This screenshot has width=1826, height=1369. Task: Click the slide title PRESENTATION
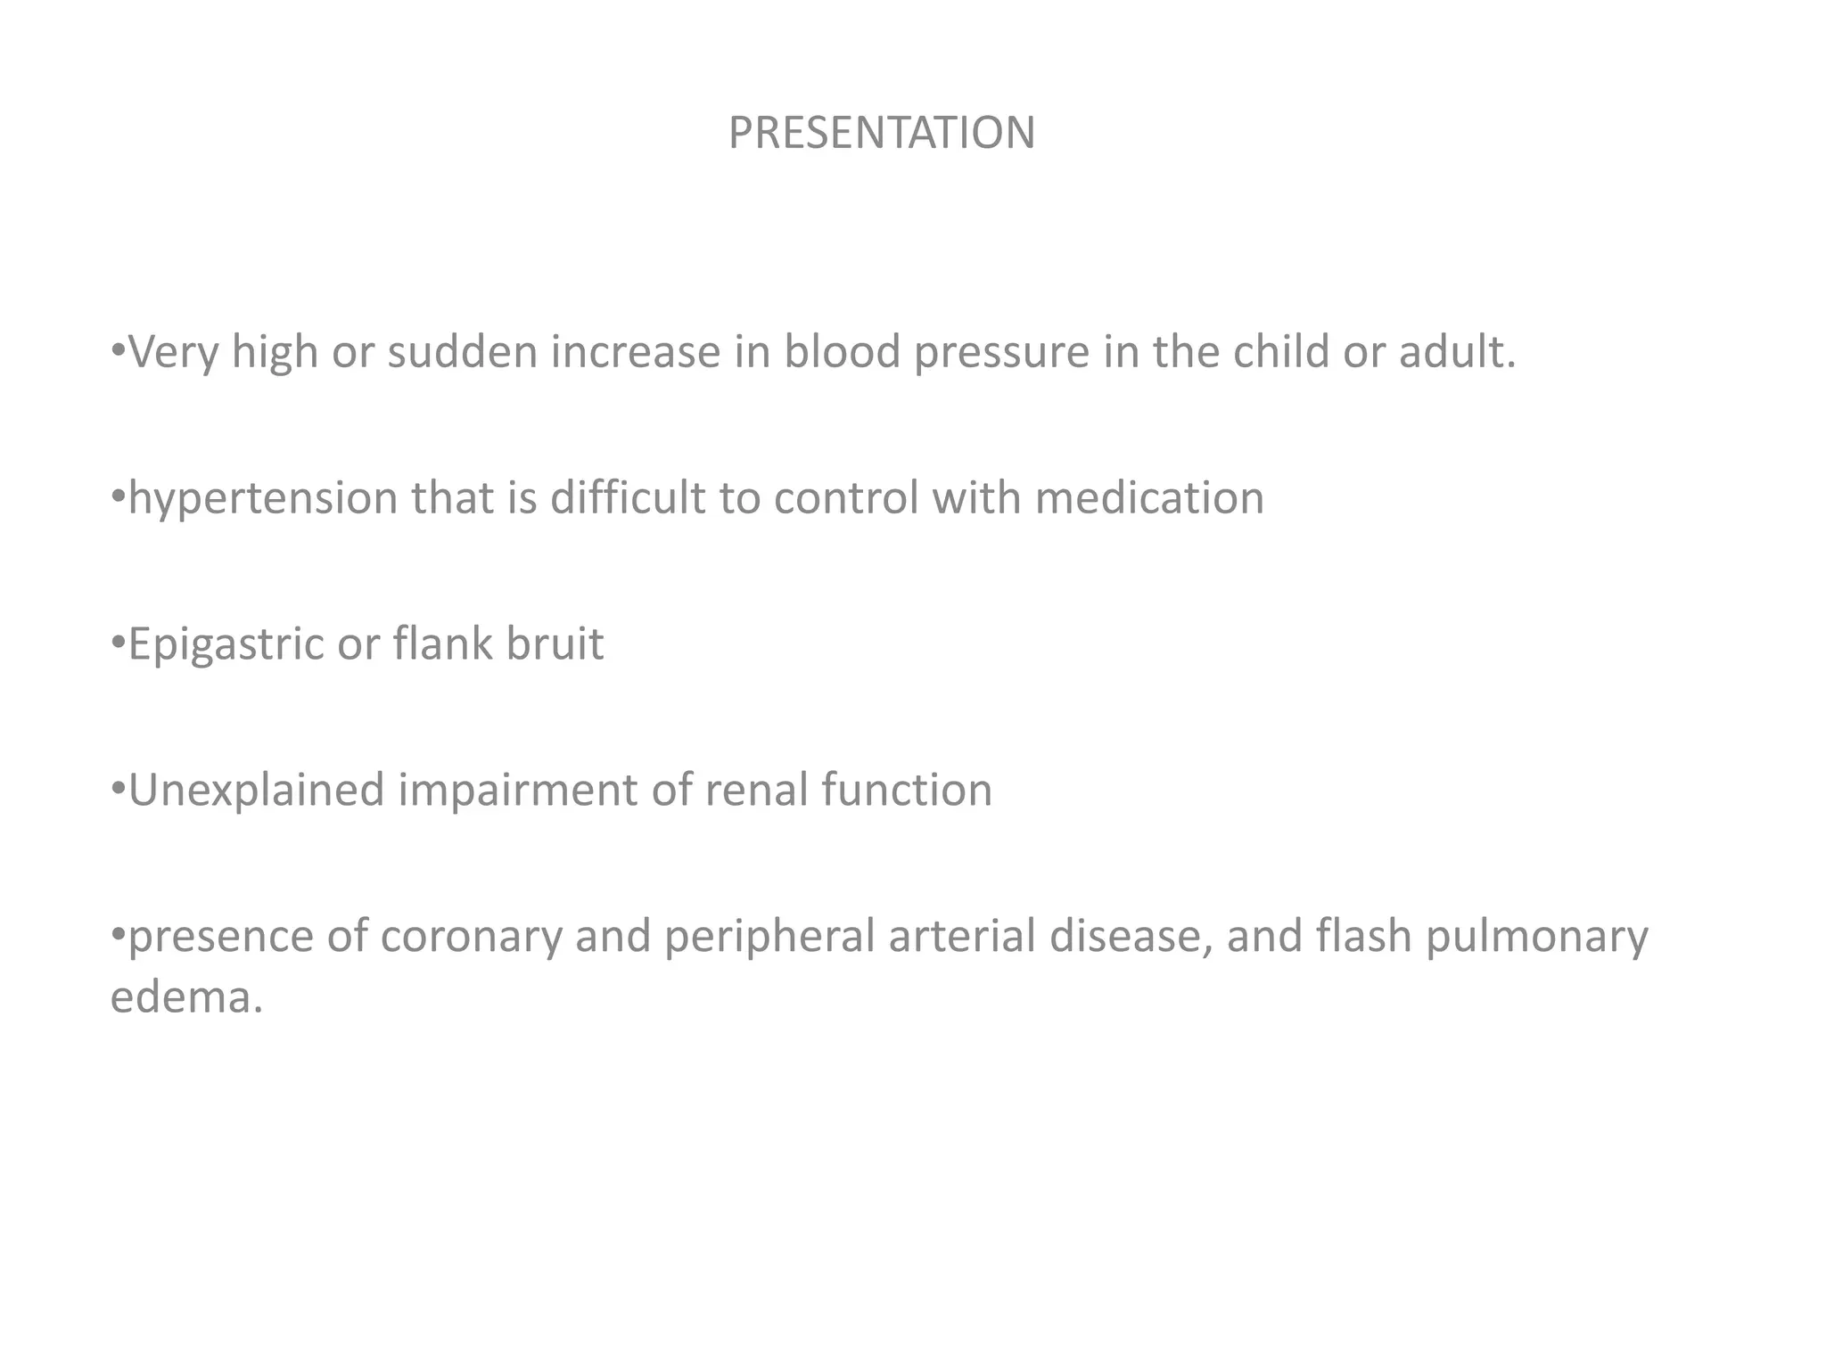point(881,133)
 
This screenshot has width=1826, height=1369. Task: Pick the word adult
point(1455,352)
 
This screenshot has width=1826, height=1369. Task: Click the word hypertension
point(263,497)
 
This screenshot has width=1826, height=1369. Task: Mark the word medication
point(1149,497)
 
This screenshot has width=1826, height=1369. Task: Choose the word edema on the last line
point(185,996)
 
